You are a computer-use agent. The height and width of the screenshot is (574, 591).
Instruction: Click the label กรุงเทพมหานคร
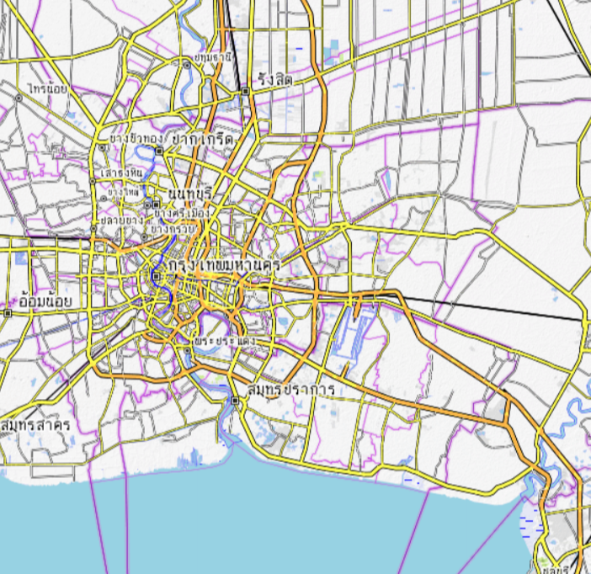pos(224,266)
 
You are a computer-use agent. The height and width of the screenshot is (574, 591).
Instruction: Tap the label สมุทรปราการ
pos(291,391)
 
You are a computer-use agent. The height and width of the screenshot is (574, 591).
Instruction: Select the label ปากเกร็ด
pos(202,138)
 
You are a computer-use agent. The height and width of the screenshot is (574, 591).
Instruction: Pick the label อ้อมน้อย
pos(46,300)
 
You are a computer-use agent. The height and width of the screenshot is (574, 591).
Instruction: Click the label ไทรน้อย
pos(46,88)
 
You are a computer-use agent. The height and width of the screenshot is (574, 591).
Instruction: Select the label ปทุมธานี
pos(211,57)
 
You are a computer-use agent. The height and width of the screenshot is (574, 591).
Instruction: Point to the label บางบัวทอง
pos(136,138)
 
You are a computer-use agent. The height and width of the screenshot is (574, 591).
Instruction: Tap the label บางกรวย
pos(173,227)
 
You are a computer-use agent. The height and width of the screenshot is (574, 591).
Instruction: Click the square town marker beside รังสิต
pos(245,90)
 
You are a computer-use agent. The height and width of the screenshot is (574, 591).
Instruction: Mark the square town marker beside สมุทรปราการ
pos(237,401)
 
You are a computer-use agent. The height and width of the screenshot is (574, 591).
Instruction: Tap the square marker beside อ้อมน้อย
pos(8,312)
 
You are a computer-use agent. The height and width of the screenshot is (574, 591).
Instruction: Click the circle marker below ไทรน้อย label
pos(17,98)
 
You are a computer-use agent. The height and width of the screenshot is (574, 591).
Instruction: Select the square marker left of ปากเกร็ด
pos(166,152)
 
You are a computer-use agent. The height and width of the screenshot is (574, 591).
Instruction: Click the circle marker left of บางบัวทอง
pos(103,146)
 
